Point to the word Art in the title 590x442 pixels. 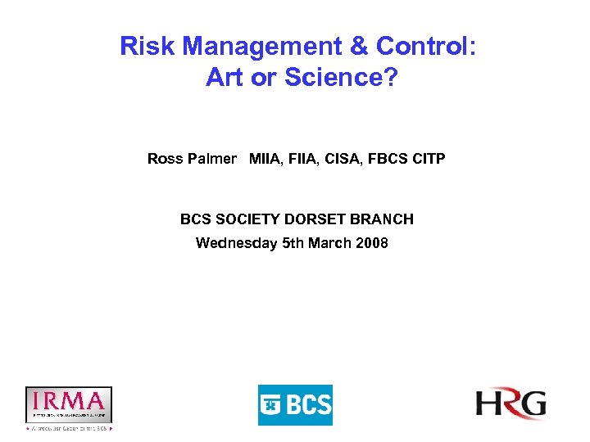(225, 78)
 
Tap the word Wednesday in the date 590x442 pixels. (236, 243)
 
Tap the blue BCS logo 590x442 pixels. (295, 405)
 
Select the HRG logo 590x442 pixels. (511, 404)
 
